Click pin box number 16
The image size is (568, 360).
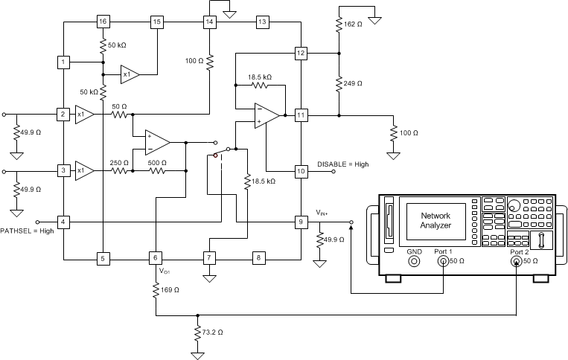[103, 22]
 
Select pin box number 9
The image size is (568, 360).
[301, 222]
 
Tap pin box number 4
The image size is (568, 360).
[64, 222]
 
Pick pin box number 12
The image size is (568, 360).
[301, 54]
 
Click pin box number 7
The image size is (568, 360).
[209, 258]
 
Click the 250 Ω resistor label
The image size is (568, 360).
[120, 162]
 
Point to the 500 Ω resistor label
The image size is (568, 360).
[157, 162]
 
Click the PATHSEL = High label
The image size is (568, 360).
[27, 232]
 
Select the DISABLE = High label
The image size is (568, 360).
[343, 164]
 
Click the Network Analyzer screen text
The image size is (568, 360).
[436, 219]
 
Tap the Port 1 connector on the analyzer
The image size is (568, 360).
[443, 262]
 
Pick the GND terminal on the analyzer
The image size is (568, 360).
[414, 262]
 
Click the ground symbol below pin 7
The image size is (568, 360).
[209, 280]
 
